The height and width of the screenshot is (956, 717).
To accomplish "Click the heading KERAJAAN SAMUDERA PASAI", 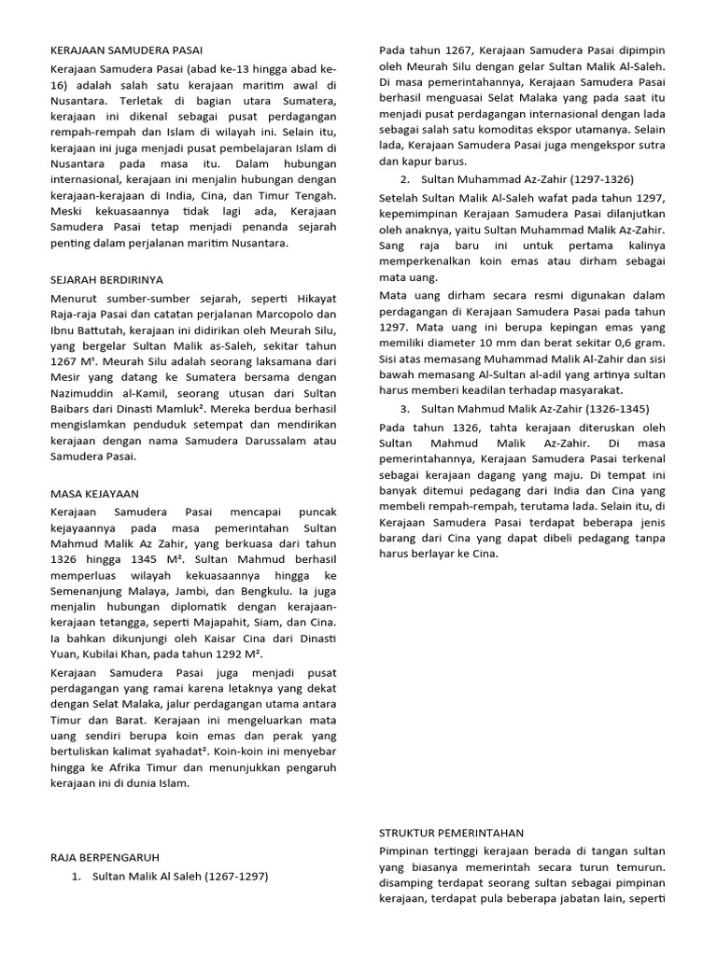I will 126,49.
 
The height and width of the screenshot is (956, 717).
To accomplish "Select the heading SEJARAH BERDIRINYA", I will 107,279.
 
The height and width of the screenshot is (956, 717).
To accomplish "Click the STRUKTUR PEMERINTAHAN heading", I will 452,833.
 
